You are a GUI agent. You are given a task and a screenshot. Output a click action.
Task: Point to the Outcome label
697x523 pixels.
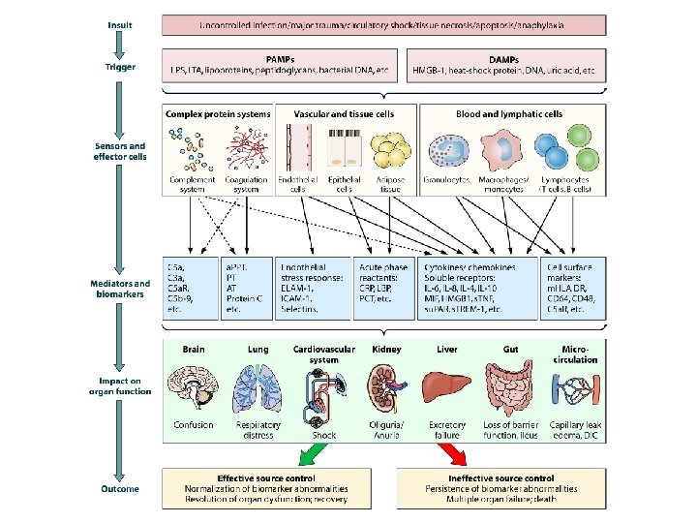click(x=121, y=489)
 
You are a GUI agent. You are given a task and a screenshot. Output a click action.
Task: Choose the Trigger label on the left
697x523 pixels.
click(x=121, y=68)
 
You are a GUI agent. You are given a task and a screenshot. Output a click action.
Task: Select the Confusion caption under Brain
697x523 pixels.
click(x=194, y=424)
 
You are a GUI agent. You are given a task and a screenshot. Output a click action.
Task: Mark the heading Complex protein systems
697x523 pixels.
click(x=218, y=114)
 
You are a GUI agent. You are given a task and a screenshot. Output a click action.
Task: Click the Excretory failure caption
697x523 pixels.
click(x=446, y=429)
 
